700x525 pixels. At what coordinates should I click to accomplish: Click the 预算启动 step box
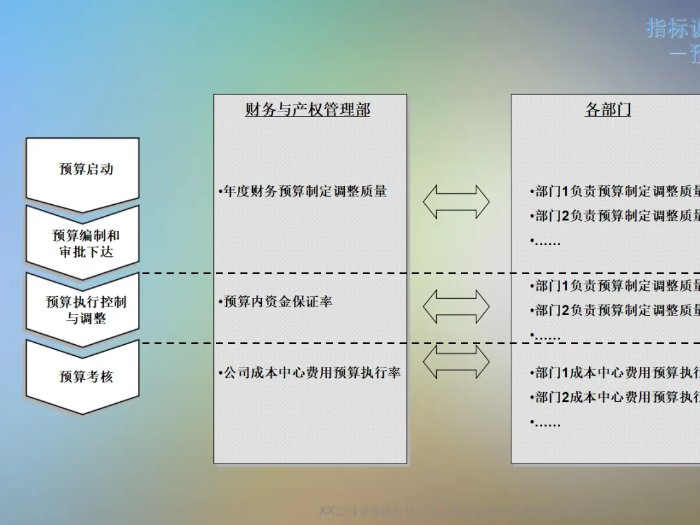pos(83,170)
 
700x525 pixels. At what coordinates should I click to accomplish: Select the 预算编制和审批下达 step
pos(83,244)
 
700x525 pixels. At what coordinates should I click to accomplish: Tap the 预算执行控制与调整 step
pos(83,310)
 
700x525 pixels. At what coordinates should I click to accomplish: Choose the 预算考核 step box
pos(83,377)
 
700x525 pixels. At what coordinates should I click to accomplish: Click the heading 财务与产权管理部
pos(308,110)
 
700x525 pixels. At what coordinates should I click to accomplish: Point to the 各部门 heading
pos(607,110)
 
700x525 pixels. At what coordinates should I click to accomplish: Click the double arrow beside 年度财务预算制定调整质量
pos(456,202)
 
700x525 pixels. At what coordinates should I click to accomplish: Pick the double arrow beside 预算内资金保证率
pos(456,306)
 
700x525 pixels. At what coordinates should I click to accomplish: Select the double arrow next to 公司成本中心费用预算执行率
pos(456,362)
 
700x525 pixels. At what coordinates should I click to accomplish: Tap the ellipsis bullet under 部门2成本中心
pos(546,423)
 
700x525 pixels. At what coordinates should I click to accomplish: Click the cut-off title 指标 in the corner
pos(673,29)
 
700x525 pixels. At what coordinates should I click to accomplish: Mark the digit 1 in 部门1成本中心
pos(565,373)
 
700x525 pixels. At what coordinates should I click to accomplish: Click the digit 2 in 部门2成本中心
pos(565,397)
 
